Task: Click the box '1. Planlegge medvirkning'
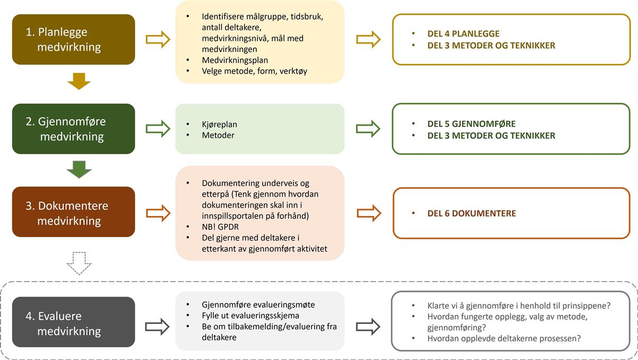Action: [73, 39]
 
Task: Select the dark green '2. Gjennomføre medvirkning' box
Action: [73, 129]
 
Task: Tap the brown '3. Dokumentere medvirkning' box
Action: [73, 212]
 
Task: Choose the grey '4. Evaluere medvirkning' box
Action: [73, 322]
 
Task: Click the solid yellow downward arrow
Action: [79, 81]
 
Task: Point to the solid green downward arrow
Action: [79, 170]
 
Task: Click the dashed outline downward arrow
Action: [79, 263]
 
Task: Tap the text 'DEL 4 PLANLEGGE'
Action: [464, 34]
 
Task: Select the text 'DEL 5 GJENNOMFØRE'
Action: [472, 123]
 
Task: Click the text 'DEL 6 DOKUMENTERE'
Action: [472, 213]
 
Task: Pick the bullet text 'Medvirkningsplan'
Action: [234, 60]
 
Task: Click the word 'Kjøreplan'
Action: [219, 124]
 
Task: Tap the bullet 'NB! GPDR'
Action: [220, 227]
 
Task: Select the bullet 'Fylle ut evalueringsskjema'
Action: [250, 315]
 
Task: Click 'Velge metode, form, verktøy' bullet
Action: [254, 71]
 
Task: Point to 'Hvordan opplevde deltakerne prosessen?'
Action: [504, 338]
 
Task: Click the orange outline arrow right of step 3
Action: [158, 213]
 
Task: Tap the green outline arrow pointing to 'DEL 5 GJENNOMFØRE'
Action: [368, 129]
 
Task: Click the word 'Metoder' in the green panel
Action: [218, 135]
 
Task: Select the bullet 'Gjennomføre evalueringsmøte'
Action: [258, 305]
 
